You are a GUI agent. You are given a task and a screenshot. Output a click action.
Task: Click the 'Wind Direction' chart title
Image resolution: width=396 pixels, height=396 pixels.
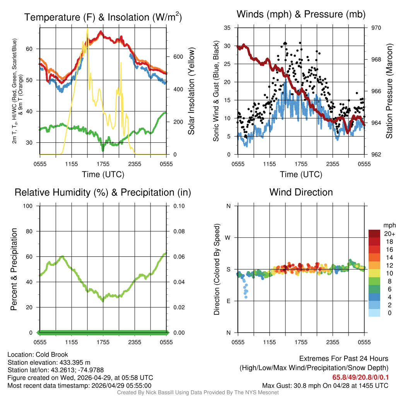(301, 192)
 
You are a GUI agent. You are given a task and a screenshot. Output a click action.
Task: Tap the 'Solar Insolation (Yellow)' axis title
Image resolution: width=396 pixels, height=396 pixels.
(191, 91)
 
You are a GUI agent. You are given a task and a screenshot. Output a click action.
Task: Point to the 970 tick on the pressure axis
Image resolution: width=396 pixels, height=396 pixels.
(376, 28)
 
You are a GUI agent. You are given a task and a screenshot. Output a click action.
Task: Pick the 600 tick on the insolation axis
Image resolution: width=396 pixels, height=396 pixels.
(178, 56)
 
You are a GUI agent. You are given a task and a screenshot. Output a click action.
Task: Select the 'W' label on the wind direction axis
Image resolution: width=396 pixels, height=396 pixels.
(229, 238)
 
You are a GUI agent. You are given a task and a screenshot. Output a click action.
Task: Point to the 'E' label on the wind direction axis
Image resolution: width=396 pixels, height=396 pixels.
(229, 301)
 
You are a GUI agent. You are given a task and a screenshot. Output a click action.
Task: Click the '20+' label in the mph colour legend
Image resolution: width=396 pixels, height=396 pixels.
(389, 234)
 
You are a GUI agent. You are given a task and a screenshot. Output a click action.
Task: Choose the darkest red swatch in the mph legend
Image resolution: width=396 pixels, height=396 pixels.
(374, 234)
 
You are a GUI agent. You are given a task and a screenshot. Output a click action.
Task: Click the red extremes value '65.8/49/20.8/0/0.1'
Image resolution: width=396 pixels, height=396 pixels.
(360, 377)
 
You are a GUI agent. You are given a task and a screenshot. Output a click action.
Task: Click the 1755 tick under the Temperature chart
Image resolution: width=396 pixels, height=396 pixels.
(103, 164)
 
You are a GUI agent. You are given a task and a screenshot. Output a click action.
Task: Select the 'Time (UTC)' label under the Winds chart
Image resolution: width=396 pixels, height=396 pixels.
(301, 174)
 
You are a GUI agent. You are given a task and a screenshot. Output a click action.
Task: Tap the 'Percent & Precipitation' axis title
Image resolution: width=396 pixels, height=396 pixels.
(14, 269)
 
